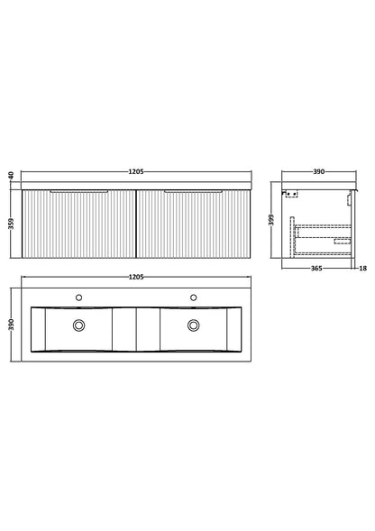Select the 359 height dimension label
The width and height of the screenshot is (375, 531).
[x=10, y=224]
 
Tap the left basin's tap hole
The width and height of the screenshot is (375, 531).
[x=79, y=297]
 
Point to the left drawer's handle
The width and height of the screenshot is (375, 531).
[x=79, y=192]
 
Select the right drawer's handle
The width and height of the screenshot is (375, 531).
[x=193, y=192]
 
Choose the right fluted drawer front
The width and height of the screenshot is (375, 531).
[x=193, y=227]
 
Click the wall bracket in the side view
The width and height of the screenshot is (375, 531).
[x=289, y=192]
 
